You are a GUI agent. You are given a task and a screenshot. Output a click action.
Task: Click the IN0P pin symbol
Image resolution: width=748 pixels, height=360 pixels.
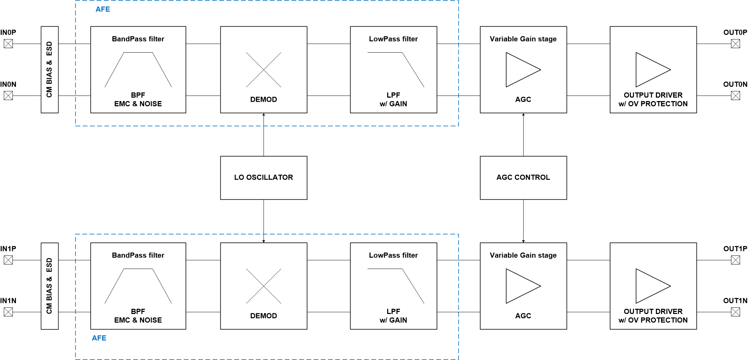8,44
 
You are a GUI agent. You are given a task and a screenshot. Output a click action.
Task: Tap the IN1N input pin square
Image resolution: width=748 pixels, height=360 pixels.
8,312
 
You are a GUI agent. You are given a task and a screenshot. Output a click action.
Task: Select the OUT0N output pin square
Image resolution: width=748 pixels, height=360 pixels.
736,96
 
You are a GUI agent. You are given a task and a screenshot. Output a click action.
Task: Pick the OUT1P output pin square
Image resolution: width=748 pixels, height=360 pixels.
736,260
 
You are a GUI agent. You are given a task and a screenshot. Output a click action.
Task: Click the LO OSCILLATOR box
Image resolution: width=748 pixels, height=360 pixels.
264,178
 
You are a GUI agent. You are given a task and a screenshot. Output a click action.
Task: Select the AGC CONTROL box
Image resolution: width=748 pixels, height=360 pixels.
523,178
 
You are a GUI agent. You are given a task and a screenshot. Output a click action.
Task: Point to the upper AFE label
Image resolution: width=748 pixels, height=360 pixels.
103,9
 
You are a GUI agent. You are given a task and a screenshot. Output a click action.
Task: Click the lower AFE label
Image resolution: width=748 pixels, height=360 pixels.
99,338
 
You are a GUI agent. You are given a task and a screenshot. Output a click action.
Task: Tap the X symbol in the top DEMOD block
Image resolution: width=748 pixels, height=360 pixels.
264,70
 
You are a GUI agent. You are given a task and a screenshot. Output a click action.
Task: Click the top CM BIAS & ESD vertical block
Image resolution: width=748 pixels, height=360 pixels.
50,70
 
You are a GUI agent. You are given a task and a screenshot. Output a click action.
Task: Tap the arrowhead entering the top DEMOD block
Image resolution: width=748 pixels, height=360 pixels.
264,115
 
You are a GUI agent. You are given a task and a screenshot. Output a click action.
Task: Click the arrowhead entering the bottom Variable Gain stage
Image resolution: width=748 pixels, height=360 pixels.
523,241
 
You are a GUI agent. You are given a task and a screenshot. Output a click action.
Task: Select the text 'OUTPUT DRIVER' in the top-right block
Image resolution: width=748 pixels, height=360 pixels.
653,95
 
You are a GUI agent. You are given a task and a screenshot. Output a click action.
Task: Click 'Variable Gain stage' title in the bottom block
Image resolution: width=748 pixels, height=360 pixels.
523,255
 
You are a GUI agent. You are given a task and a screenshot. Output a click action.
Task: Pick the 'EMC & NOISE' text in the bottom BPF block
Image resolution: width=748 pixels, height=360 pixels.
138,320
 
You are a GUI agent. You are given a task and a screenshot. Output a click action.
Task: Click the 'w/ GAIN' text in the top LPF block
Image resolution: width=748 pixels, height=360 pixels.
393,104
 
